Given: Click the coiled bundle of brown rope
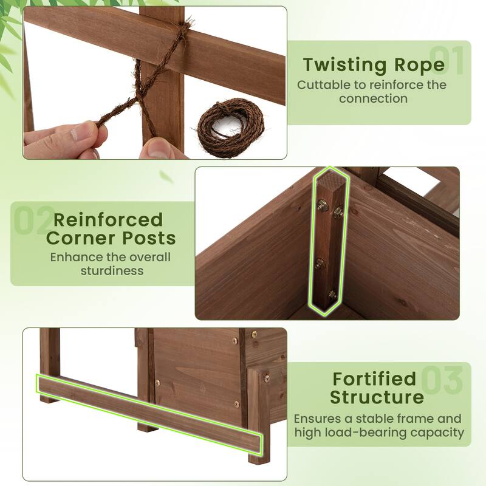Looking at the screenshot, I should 227,127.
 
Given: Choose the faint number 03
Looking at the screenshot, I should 442,380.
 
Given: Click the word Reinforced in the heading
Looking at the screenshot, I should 108,219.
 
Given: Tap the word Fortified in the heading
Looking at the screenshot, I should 374,378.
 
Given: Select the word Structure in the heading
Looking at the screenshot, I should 377,397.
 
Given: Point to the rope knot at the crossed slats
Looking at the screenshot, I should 181,30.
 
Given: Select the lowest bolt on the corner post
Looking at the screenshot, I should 332,294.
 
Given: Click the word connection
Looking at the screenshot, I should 373,98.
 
